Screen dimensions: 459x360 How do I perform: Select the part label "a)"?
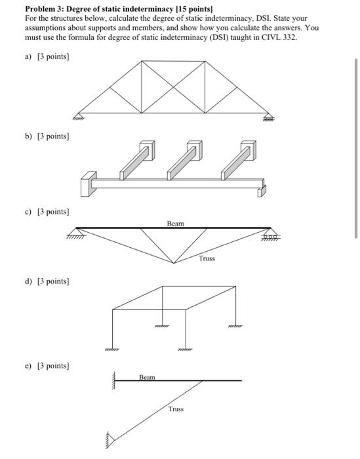pos(28,57)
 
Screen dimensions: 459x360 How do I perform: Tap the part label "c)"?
pos(28,212)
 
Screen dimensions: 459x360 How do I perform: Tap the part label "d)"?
pos(28,281)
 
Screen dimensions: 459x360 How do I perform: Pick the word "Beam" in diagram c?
pos(175,224)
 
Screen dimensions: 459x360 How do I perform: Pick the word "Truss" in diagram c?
pos(207,258)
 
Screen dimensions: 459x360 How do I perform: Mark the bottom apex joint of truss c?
pos(174,264)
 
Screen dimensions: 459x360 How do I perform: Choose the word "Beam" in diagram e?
pos(148,377)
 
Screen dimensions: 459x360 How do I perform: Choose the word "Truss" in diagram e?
pos(176,409)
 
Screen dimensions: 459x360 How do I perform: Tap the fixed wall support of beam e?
pos(114,380)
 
